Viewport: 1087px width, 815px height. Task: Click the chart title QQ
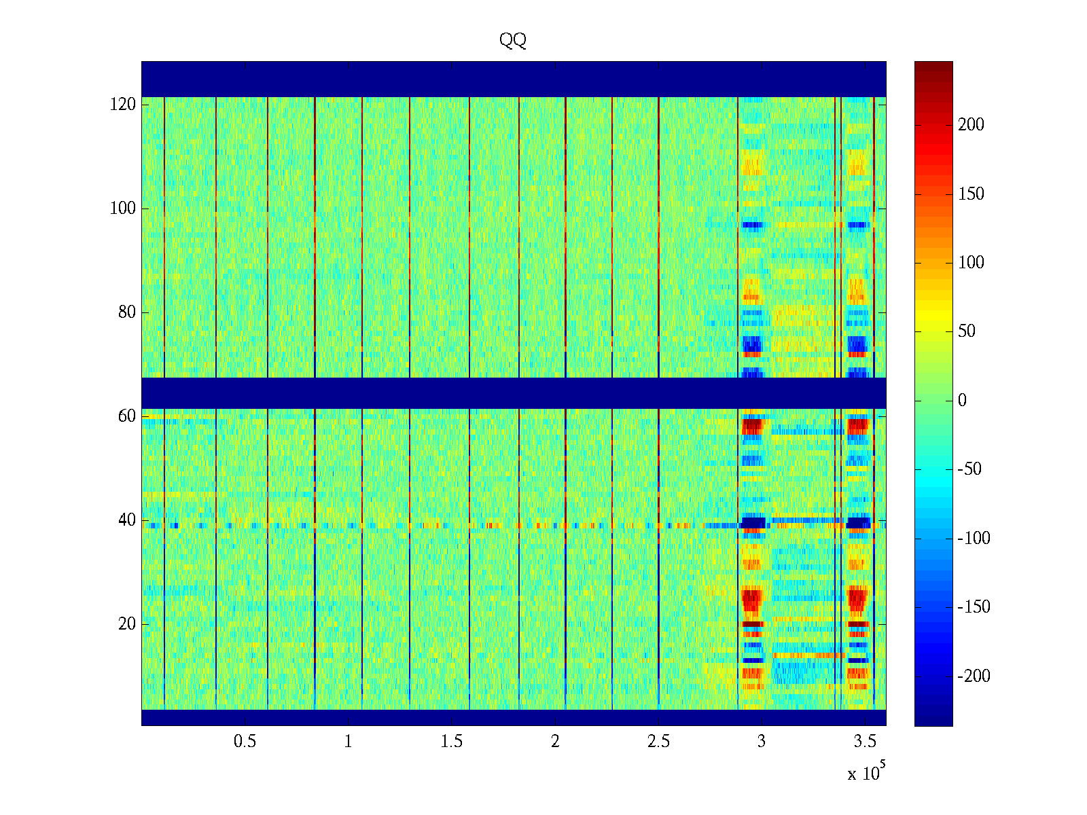pos(513,41)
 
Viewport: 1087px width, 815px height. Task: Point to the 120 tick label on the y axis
pos(123,105)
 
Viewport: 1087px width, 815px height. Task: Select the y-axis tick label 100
pos(123,209)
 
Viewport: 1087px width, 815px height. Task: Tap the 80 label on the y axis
pos(127,312)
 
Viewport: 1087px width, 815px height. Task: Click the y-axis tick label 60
pos(127,416)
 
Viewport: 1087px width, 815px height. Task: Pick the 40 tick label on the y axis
pos(127,520)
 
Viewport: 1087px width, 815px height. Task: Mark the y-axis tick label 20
pos(127,624)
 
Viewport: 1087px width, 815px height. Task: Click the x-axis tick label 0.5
pos(245,742)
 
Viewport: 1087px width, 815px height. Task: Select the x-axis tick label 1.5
pos(452,742)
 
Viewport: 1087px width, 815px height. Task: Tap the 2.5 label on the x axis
pos(658,742)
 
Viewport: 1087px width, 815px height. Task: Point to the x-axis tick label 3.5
pos(865,742)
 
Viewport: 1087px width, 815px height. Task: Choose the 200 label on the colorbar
pos(971,125)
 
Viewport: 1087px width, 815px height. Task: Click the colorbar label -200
pos(974,676)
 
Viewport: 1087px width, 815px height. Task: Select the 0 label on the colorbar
pos(962,401)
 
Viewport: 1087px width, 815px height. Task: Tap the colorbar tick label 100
pos(971,263)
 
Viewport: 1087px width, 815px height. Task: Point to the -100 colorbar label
pos(974,539)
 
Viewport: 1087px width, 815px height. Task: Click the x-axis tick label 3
pos(762,742)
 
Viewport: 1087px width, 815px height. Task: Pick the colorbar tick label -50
pos(969,469)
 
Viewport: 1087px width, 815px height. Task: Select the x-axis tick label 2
pos(555,742)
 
